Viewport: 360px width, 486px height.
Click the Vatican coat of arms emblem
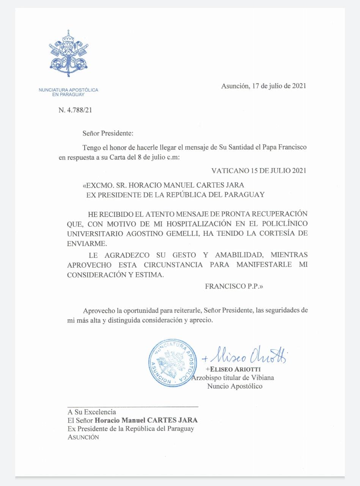coord(69,54)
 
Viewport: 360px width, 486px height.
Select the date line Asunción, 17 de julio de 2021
coord(263,86)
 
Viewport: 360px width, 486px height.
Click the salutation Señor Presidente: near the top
coord(108,133)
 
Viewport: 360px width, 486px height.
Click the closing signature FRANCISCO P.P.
coord(234,286)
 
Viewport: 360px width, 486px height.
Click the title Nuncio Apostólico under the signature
coord(234,386)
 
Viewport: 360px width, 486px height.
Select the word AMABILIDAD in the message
coord(229,255)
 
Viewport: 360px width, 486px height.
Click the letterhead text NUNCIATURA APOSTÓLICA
coord(68,90)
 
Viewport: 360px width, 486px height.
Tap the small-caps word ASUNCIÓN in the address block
coord(83,437)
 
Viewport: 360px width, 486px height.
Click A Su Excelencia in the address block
coord(92,412)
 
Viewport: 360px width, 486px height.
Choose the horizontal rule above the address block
coord(133,407)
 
